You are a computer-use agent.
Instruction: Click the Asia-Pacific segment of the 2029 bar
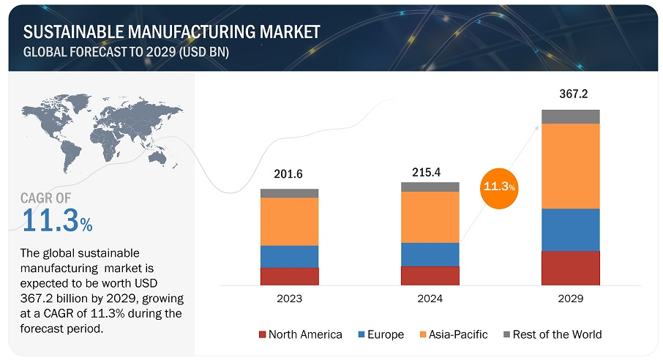click(x=570, y=166)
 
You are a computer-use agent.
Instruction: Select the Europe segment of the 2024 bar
click(x=430, y=254)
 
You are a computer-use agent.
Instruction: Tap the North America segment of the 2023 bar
click(x=289, y=276)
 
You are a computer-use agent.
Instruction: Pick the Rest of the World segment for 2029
click(x=570, y=116)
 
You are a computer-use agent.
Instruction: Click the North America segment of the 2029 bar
click(x=570, y=267)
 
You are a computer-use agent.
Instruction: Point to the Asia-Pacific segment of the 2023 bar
click(x=289, y=221)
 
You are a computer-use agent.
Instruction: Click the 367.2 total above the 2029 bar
click(x=570, y=94)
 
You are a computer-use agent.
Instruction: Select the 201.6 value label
click(x=289, y=174)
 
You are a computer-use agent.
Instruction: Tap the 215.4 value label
click(x=430, y=168)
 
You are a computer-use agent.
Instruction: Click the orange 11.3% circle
click(x=499, y=187)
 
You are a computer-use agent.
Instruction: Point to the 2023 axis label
click(x=289, y=299)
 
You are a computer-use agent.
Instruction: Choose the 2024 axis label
click(x=430, y=299)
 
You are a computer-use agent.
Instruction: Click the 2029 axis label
click(x=570, y=299)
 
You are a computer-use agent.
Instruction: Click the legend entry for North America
click(x=301, y=334)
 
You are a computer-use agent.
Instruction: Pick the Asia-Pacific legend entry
click(x=454, y=334)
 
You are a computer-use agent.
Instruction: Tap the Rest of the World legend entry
click(x=552, y=334)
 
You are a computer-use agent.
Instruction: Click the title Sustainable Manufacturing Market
click(x=171, y=31)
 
